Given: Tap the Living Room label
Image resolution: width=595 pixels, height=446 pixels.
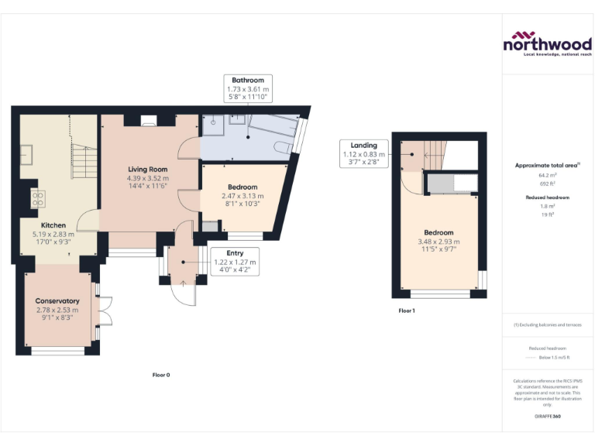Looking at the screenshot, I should click(x=147, y=170).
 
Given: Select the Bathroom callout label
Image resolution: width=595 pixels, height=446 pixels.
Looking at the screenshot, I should click(x=247, y=80).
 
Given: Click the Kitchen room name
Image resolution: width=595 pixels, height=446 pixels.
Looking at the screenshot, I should click(x=43, y=225).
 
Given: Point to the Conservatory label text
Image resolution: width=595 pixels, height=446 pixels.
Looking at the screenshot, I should click(x=57, y=300).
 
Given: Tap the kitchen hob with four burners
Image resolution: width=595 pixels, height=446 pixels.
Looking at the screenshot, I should click(x=36, y=198).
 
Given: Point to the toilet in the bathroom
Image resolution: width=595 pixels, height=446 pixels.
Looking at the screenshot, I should click(x=283, y=147).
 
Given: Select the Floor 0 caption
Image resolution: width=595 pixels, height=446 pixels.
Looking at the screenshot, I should click(x=160, y=375).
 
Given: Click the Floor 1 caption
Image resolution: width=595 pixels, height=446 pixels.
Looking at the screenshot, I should click(x=407, y=310).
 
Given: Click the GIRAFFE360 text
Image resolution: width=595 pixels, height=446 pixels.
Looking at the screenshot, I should click(x=548, y=417).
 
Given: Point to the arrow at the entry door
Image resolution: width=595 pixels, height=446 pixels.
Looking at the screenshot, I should click(x=184, y=282).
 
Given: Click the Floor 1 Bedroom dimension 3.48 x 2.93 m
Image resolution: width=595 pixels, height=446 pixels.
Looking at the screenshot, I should click(x=439, y=242).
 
